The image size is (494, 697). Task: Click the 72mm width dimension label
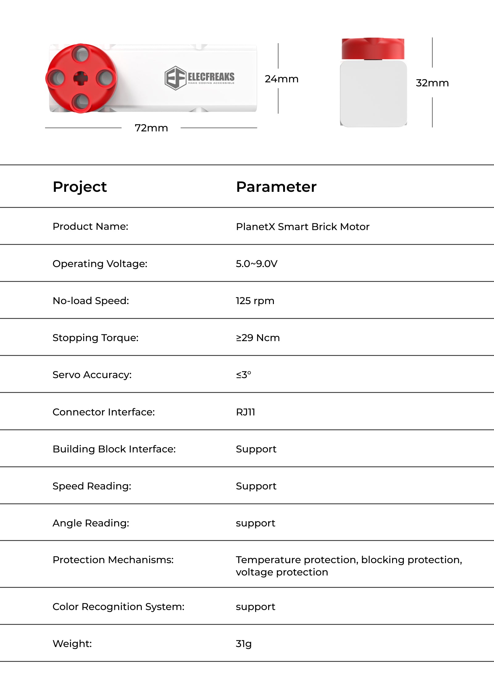coord(151,128)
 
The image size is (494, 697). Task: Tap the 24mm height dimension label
coord(281,79)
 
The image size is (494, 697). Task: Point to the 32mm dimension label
coord(432,83)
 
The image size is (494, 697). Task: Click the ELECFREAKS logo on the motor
coord(200,78)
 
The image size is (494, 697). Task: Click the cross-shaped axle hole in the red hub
coord(81,78)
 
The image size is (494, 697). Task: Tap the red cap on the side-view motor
coord(373,48)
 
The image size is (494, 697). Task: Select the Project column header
coord(80,187)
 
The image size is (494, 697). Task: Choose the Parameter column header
coord(276,187)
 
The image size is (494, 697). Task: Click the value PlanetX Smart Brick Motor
coord(303,227)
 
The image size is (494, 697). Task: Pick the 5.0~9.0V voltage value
coord(257,264)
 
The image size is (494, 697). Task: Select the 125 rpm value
coord(255,301)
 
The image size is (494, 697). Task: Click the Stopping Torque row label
coord(95,338)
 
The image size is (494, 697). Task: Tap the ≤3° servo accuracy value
coord(244,375)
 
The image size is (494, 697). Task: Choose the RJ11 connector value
coord(245,412)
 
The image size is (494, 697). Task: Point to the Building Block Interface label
coord(114,449)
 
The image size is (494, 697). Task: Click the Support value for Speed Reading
coord(256,486)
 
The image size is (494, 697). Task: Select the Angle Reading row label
coord(91,523)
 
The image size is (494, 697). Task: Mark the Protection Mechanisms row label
coord(113,560)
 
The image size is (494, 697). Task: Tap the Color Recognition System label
coord(118,607)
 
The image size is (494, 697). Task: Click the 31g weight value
coord(244,644)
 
